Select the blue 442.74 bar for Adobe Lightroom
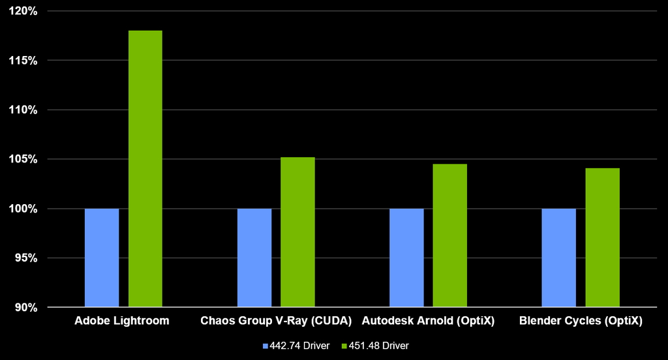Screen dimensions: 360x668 (x=102, y=258)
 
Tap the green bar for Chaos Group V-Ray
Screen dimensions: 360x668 (x=297, y=232)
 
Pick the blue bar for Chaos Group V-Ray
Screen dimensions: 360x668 (x=254, y=258)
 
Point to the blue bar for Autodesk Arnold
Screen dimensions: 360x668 (x=406, y=258)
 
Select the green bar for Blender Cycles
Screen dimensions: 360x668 (x=602, y=237)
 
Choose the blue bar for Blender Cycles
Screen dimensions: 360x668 (x=559, y=258)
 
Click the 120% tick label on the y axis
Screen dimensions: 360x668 (x=23, y=11)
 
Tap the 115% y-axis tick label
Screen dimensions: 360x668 (x=23, y=61)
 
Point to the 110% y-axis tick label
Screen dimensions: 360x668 (x=23, y=110)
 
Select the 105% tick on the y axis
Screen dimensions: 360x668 (x=23, y=159)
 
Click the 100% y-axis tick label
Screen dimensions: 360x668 (x=23, y=209)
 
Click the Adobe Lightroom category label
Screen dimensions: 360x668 (x=122, y=321)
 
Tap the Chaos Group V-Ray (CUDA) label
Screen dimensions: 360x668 (x=276, y=321)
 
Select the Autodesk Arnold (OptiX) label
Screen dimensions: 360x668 (x=429, y=321)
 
